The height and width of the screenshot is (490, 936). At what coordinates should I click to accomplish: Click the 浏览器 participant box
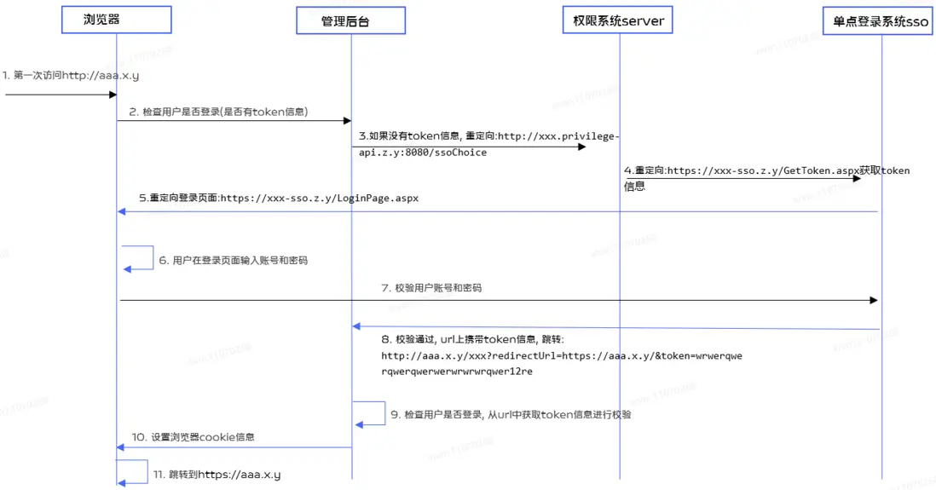[117, 20]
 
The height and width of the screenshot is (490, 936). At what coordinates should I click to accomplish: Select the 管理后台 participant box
[351, 21]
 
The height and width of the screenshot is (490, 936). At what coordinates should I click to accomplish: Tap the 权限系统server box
[618, 20]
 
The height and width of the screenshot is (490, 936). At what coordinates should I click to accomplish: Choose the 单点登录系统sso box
[878, 21]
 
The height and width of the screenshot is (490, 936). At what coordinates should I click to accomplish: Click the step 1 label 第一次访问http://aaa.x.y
[71, 75]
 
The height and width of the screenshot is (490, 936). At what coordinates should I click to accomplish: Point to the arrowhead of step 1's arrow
[113, 95]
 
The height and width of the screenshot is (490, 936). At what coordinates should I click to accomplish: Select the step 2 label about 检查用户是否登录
[218, 112]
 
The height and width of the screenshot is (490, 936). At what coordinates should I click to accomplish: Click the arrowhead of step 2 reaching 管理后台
[348, 120]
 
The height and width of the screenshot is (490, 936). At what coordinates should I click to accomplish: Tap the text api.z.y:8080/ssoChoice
[423, 153]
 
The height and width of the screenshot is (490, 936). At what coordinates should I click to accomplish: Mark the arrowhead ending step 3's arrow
[582, 147]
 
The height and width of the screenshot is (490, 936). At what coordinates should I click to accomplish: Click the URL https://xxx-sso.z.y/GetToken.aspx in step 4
[763, 170]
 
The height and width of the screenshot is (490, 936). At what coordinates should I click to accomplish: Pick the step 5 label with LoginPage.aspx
[279, 199]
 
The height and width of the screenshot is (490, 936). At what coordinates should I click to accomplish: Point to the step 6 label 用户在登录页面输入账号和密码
[234, 260]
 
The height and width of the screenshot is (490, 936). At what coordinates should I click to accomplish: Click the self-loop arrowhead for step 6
[127, 270]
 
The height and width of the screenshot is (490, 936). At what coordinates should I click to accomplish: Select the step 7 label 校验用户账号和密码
[431, 288]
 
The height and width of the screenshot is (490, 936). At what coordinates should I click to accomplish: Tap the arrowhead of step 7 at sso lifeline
[874, 300]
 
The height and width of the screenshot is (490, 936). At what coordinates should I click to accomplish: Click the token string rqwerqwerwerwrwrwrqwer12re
[457, 372]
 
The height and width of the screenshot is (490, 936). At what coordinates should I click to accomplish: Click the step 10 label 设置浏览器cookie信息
[194, 437]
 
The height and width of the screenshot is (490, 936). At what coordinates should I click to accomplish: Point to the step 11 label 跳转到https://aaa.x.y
[217, 475]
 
